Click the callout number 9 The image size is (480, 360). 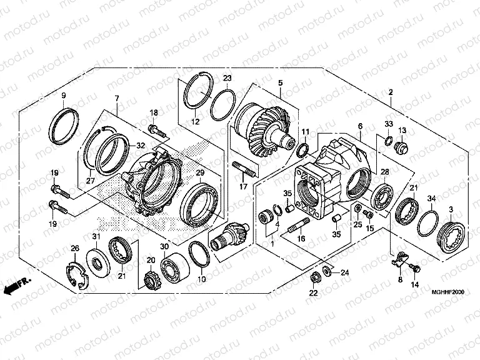pos(63,95)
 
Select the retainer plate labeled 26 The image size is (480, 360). pos(76,274)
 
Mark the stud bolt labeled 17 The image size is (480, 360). pos(244,170)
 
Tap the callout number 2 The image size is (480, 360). pos(391,92)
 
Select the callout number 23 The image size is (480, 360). pos(227,77)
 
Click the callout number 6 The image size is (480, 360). pos(360,126)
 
